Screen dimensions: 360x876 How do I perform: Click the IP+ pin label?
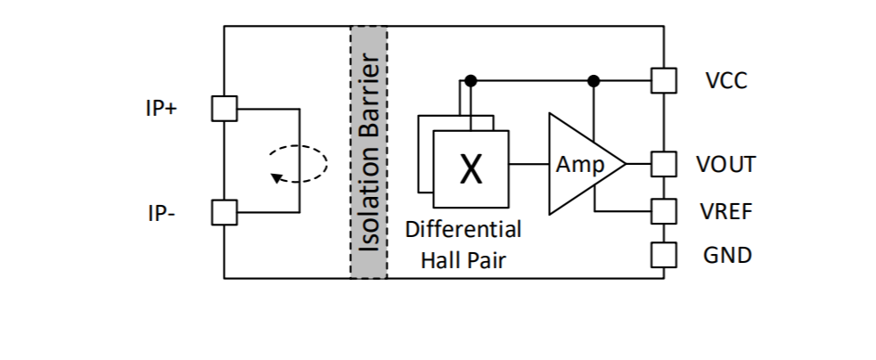[x=160, y=109]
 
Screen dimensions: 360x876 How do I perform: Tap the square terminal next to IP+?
[x=225, y=109]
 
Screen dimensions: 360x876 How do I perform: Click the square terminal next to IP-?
[x=225, y=212]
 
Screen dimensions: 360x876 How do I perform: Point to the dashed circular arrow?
[x=299, y=163]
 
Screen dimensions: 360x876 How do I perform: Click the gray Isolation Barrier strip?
[x=368, y=151]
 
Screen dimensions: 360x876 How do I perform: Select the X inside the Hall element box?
[x=471, y=168]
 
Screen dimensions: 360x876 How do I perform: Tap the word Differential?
[x=463, y=229]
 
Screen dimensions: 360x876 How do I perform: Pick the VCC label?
[x=726, y=81]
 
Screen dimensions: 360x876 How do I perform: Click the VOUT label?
[x=726, y=164]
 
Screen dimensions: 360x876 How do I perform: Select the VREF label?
[x=726, y=212]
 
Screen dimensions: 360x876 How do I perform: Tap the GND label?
[x=726, y=256]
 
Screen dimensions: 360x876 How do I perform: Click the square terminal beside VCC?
[x=664, y=81]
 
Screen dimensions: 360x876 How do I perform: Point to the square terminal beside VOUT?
[x=664, y=164]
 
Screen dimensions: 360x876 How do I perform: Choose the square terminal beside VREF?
[x=664, y=211]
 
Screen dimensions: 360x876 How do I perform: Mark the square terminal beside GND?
[x=664, y=255]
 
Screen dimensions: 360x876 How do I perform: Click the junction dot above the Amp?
[x=594, y=81]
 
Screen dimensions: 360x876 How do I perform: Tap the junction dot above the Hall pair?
[x=471, y=81]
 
